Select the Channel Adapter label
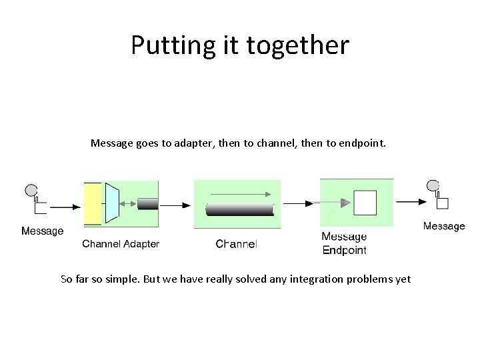pos(121,244)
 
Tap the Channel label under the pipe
pos(236,244)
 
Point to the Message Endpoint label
pos(344,243)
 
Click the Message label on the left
pos(43,231)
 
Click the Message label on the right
pos(444,227)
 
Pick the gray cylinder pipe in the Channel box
pos(240,209)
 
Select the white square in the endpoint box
pos(365,202)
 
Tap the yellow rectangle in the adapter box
pos(93,203)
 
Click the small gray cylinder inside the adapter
pos(147,203)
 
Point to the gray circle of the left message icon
pos(31,190)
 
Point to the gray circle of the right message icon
pos(433,185)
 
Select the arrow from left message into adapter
pos(65,207)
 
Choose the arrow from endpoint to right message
pos(408,203)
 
